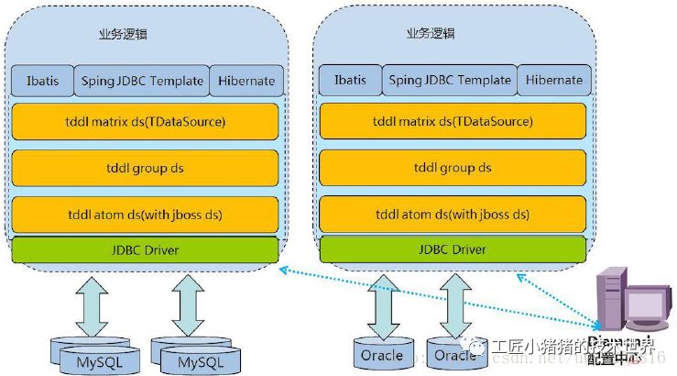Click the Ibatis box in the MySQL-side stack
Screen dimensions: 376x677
click(x=40, y=81)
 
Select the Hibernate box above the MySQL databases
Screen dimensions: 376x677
click(x=246, y=81)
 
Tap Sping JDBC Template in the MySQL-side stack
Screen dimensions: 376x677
click(x=141, y=81)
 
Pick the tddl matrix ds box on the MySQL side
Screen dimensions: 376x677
click(x=145, y=121)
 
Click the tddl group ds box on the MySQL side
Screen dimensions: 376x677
click(x=145, y=168)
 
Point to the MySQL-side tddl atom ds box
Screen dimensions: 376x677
click(x=145, y=215)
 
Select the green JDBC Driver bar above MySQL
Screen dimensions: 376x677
click(x=145, y=249)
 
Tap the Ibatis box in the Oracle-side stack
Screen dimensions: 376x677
click(x=348, y=81)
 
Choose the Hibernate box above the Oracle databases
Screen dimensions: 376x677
click(x=554, y=81)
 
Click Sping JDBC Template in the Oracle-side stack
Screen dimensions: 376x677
click(x=449, y=81)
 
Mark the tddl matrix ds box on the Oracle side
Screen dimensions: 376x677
click(x=453, y=121)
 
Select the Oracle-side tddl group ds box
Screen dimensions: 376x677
click(x=453, y=168)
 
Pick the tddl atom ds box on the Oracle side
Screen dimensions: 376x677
click(x=453, y=215)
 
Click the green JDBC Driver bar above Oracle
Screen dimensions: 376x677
click(x=453, y=249)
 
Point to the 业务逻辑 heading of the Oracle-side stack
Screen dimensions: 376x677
click(x=431, y=33)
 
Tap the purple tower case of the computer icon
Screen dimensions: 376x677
click(x=609, y=298)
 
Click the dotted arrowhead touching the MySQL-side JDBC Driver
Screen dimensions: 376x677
click(x=283, y=268)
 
